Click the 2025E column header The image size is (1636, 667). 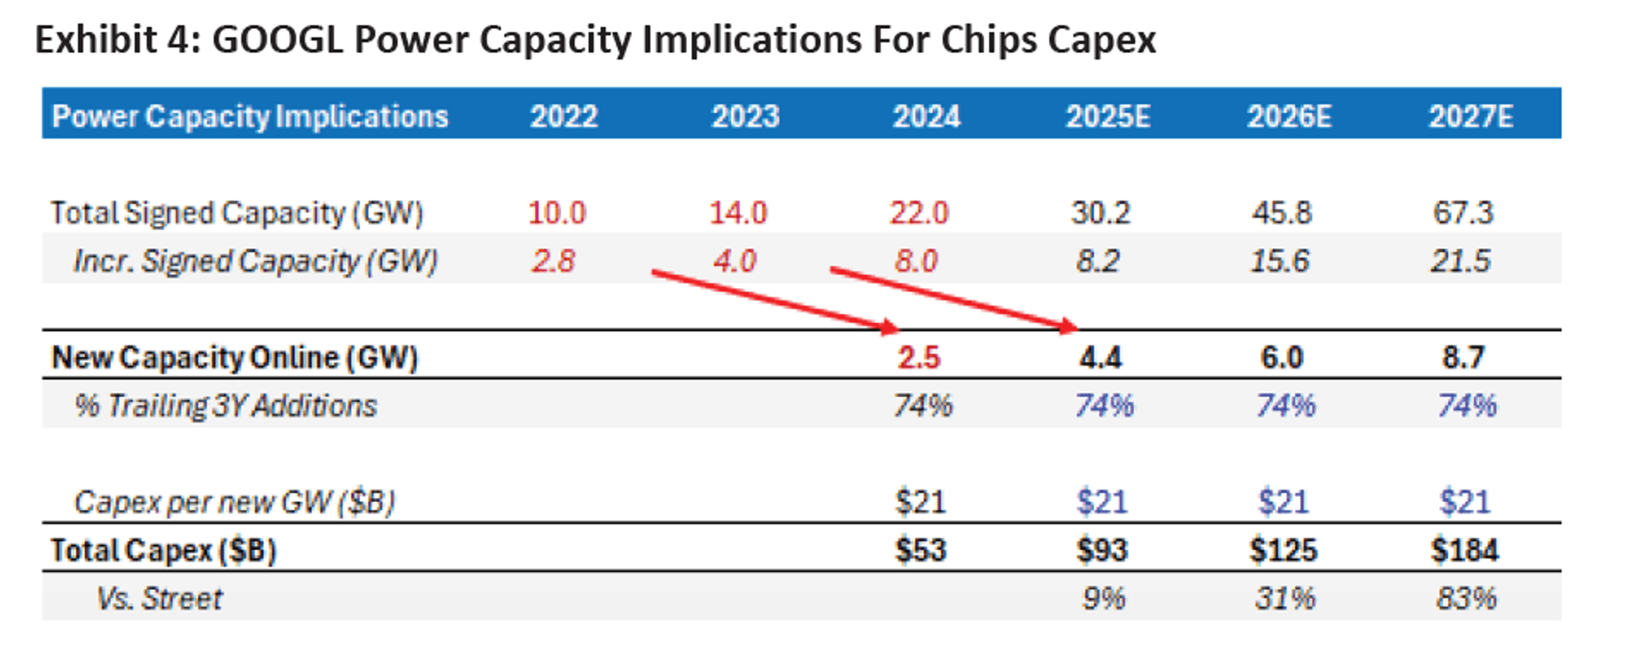(1108, 116)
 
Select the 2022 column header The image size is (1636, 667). (564, 116)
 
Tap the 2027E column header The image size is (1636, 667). (1470, 116)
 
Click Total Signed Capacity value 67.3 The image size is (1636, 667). (1463, 213)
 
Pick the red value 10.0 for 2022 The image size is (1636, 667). (556, 213)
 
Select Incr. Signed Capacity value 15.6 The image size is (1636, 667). (1280, 261)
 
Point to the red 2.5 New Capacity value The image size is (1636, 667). (919, 358)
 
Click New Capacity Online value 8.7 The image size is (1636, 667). (1463, 358)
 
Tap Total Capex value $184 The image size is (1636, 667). (1464, 550)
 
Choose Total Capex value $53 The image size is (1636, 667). (920, 550)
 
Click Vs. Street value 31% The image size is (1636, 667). (1285, 598)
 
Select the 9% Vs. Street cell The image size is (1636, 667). (1103, 598)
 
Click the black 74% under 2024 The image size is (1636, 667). (923, 405)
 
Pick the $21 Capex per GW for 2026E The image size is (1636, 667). (1283, 502)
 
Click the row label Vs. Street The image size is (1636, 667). (160, 598)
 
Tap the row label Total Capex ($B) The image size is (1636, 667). (164, 550)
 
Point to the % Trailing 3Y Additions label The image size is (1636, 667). (226, 405)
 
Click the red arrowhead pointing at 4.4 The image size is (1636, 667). (1067, 327)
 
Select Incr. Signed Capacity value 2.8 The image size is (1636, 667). (553, 261)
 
